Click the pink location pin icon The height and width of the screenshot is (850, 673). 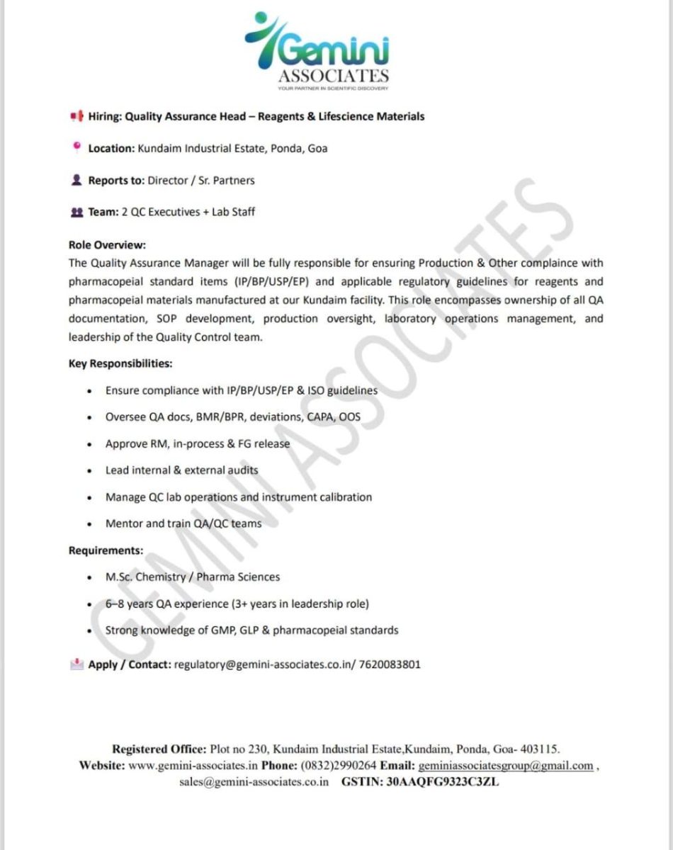76,147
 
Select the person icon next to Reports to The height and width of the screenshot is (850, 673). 76,180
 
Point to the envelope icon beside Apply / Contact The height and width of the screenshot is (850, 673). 77,664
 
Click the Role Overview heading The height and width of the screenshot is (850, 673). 107,245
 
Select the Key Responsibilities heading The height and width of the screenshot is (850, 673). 120,363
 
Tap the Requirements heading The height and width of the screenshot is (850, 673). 106,550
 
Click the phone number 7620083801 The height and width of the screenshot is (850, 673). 390,665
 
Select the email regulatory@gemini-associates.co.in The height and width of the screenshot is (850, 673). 266,665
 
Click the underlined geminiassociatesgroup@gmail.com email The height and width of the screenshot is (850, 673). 506,766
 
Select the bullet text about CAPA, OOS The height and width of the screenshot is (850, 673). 232,416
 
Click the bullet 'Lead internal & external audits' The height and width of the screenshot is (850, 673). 181,470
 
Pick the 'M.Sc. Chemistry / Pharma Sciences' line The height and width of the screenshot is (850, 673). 192,577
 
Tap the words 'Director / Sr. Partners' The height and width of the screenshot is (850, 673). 200,180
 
